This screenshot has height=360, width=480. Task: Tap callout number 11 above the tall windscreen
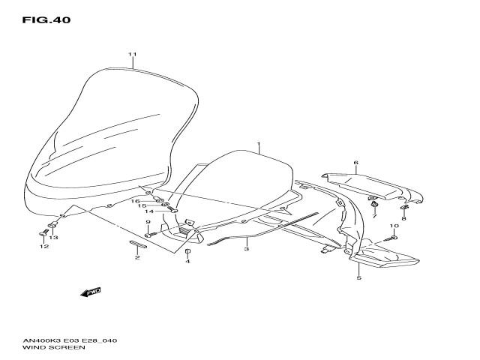[x=133, y=55]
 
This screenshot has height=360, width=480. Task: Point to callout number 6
[x=356, y=163]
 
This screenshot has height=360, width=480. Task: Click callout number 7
[x=373, y=216]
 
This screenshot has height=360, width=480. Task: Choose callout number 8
[x=404, y=218]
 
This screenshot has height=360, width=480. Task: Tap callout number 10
[x=394, y=226]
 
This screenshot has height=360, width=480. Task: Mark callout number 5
[x=358, y=278]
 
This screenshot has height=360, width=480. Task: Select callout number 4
[x=187, y=261]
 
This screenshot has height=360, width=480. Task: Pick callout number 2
[x=137, y=258]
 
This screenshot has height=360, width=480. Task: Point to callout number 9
[x=148, y=222]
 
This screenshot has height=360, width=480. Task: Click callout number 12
[x=44, y=246]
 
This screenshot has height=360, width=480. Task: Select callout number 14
[x=149, y=211]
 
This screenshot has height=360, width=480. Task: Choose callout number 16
[x=136, y=201]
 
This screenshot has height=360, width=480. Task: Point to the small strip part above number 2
[x=138, y=244]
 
